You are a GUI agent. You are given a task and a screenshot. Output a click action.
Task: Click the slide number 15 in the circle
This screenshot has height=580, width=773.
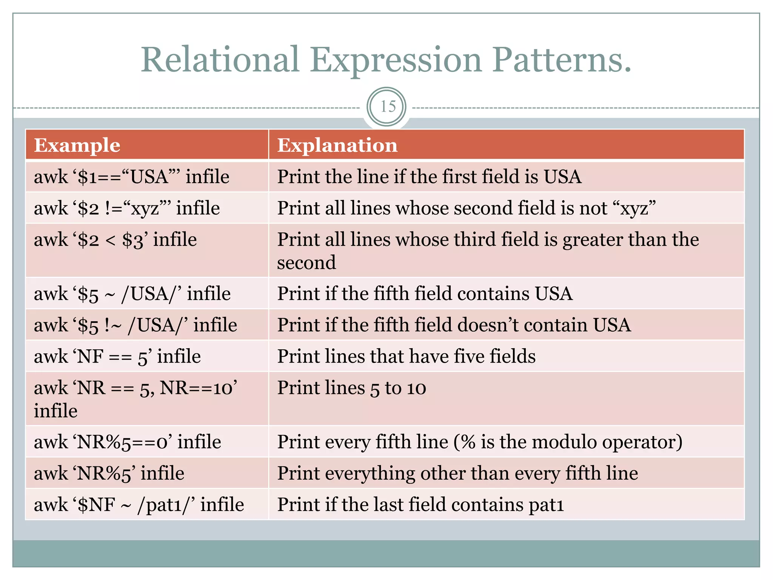[388, 107]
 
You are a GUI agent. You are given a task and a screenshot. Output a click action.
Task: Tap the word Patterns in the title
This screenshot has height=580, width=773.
[561, 60]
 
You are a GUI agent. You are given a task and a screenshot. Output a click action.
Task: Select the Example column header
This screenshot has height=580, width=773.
[77, 145]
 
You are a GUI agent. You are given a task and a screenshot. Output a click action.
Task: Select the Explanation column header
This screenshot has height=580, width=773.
[337, 145]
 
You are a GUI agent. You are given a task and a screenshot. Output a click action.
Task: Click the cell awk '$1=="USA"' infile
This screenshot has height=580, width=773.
[132, 177]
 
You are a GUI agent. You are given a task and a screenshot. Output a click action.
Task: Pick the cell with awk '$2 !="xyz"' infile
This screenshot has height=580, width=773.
[127, 208]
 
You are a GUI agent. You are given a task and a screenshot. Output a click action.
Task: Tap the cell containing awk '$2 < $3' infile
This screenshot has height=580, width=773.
[115, 240]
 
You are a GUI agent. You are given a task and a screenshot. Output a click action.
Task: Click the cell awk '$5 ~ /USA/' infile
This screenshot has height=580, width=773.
[132, 294]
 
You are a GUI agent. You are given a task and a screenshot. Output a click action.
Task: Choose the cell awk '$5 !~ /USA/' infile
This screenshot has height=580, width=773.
[136, 325]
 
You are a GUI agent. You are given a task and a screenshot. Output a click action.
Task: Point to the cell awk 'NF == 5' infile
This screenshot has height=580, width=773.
[117, 356]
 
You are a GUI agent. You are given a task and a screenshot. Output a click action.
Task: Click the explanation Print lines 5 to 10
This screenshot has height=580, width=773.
[352, 388]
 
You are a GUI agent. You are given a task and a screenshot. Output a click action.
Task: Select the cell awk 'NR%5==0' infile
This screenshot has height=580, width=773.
[128, 442]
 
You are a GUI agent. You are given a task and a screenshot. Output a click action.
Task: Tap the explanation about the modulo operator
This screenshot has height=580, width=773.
[480, 442]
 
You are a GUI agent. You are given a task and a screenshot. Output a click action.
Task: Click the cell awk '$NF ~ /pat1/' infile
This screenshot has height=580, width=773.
[139, 505]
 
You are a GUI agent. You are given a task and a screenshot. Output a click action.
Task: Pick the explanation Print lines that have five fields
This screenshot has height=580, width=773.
[407, 356]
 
